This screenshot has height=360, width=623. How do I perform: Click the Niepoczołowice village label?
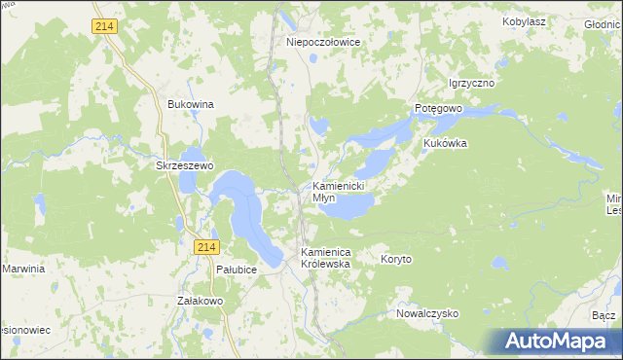point(324,42)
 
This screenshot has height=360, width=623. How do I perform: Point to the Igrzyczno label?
point(471,84)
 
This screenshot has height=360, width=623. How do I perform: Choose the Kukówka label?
point(445,143)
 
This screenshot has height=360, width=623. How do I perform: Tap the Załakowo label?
point(201,302)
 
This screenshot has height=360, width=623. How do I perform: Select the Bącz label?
point(603,316)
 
